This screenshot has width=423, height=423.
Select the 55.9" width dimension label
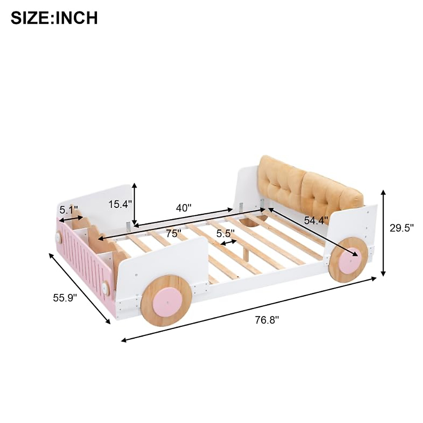point(65,298)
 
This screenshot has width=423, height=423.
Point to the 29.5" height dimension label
point(401,228)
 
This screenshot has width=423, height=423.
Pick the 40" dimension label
point(184,208)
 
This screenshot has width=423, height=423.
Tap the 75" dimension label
point(174,233)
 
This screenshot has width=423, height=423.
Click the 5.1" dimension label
point(68,210)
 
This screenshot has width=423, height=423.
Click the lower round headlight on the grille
point(105,288)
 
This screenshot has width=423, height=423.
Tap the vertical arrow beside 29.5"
point(384,233)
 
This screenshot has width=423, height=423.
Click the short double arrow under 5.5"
point(228,243)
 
